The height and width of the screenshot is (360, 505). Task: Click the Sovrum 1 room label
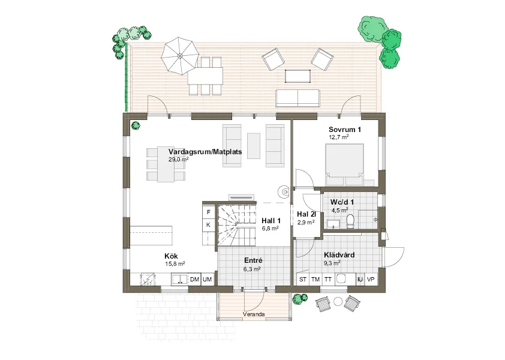(344, 130)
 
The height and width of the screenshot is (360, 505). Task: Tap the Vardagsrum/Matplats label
(205, 152)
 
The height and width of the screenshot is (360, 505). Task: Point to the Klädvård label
(339, 255)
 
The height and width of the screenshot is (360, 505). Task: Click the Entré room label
(253, 261)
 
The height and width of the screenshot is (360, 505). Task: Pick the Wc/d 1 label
(342, 202)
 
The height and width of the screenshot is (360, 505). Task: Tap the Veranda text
(254, 314)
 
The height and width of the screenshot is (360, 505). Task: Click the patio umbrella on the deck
(179, 55)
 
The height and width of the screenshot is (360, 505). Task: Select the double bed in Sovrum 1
(344, 164)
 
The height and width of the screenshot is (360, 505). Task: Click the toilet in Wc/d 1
(350, 222)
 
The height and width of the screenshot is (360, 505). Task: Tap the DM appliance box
(194, 280)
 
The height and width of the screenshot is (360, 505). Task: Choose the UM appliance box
(208, 280)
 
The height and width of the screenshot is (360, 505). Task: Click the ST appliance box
(303, 280)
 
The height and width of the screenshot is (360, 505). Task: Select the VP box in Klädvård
(371, 280)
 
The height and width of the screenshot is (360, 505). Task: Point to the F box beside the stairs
(208, 212)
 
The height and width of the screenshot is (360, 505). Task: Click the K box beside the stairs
(208, 225)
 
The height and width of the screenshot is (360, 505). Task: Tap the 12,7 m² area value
(338, 137)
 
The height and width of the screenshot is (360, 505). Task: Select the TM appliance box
(315, 280)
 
